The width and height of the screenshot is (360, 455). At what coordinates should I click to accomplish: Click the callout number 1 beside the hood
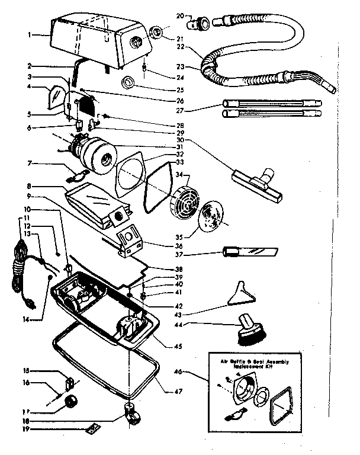pyautogui.click(x=31, y=35)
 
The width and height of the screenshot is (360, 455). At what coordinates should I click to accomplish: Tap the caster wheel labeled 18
pyautogui.click(x=131, y=414)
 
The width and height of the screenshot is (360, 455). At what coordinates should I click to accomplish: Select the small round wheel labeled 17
pyautogui.click(x=71, y=405)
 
